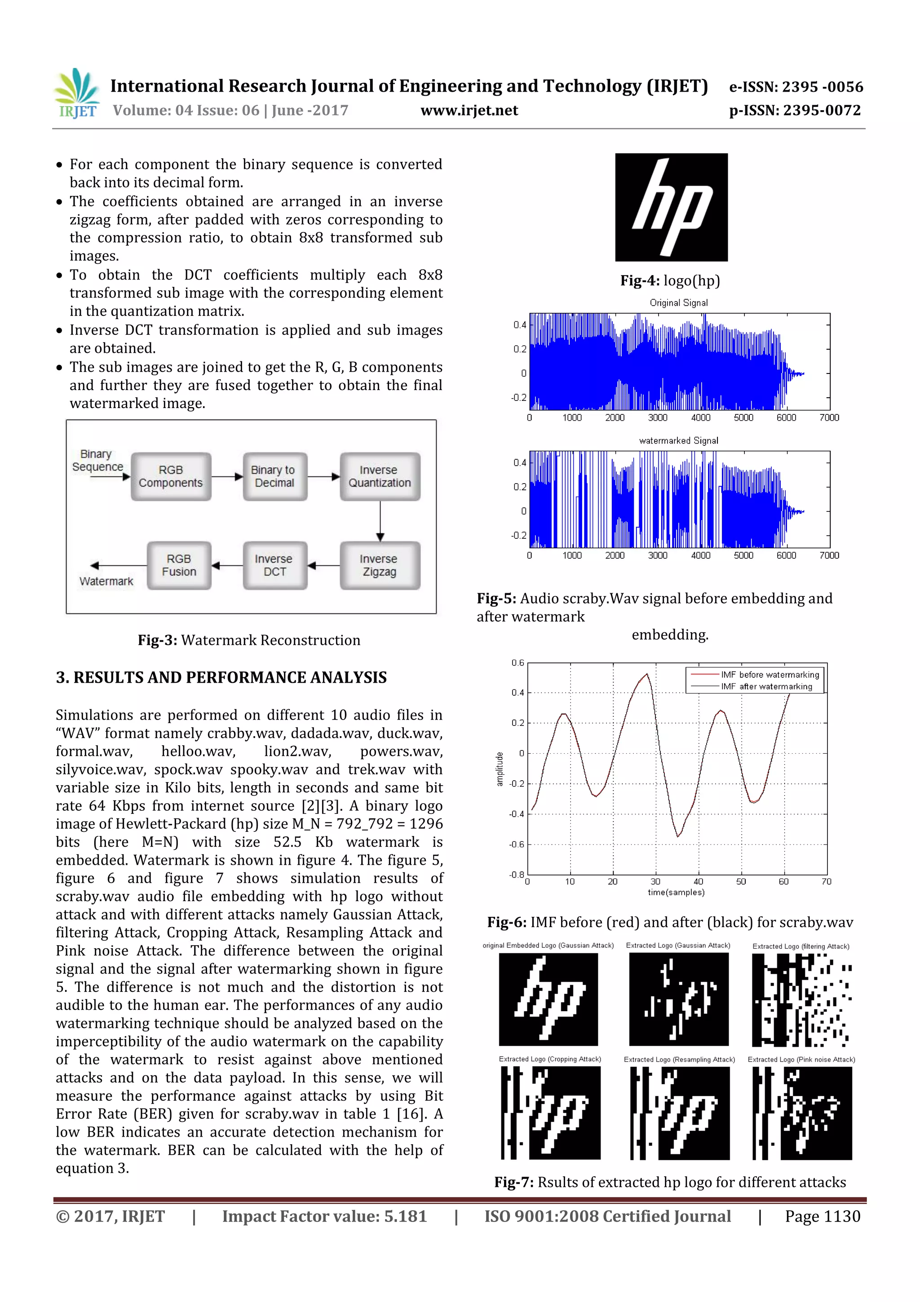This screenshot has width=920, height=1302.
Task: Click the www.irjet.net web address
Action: point(469,111)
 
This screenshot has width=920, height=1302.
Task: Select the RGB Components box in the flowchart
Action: point(171,476)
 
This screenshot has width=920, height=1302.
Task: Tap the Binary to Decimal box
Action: point(274,476)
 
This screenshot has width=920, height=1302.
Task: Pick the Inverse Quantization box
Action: point(379,476)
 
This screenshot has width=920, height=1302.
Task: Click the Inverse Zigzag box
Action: point(379,565)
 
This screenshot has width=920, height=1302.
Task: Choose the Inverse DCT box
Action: point(274,565)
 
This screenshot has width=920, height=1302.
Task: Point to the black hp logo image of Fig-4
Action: point(671,207)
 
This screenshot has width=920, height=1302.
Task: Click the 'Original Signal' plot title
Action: point(678,303)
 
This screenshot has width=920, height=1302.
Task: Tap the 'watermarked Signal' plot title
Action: point(678,440)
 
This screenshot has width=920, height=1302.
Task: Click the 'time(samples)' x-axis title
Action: point(676,892)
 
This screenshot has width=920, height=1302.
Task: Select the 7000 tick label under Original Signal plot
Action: point(829,418)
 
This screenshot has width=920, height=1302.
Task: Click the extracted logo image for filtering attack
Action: point(801,1000)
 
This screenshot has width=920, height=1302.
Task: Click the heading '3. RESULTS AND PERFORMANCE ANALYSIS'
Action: point(221,678)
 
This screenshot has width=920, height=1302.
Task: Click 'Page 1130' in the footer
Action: point(822,1216)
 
